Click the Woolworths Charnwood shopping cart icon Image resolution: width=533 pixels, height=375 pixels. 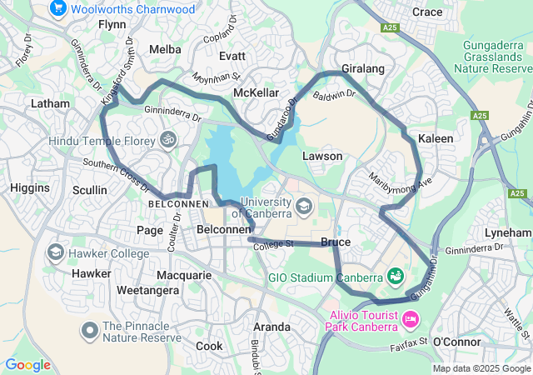pos(58,9)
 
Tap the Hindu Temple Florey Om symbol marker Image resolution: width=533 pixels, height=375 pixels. pos(169,140)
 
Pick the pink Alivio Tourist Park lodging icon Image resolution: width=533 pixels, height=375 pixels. pos(409,319)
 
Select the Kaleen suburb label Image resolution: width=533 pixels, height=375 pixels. pos(436,138)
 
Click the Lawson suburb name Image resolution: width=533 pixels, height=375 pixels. pos(322,156)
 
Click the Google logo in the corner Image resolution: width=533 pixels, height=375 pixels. pos(27,364)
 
